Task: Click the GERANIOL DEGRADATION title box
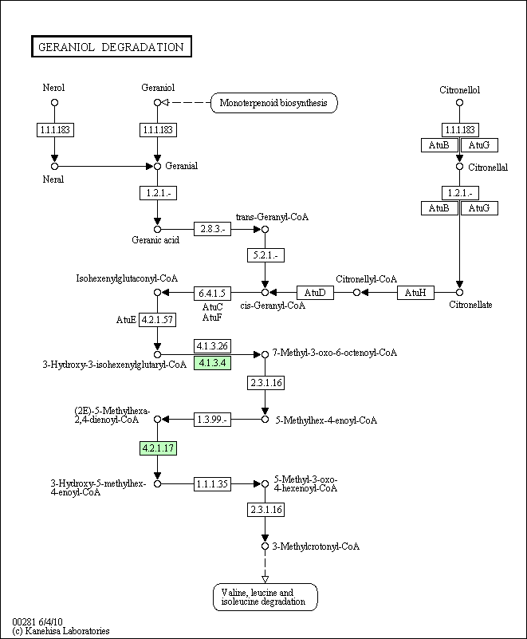pos(111,46)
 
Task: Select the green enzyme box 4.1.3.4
pos(212,362)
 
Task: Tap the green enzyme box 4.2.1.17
pos(158,448)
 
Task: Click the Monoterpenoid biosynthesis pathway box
pos(273,103)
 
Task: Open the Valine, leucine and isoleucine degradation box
pos(265,597)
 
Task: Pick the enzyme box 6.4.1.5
pos(212,293)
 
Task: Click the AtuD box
pos(315,293)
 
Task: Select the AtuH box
pos(415,293)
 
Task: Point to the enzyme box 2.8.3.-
pos(212,229)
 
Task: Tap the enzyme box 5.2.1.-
pos(265,255)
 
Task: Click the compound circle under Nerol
pos(54,103)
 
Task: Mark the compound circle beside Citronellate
pos(459,292)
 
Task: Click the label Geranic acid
pos(155,240)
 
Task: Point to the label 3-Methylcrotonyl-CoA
pos(316,546)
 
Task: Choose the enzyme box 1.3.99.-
pos(212,420)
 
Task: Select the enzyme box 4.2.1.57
pos(158,320)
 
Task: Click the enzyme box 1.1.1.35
pos(212,483)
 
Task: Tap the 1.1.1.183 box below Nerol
pos(55,130)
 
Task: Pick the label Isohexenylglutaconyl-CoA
pos(127,278)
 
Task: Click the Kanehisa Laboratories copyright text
pos(61,631)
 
